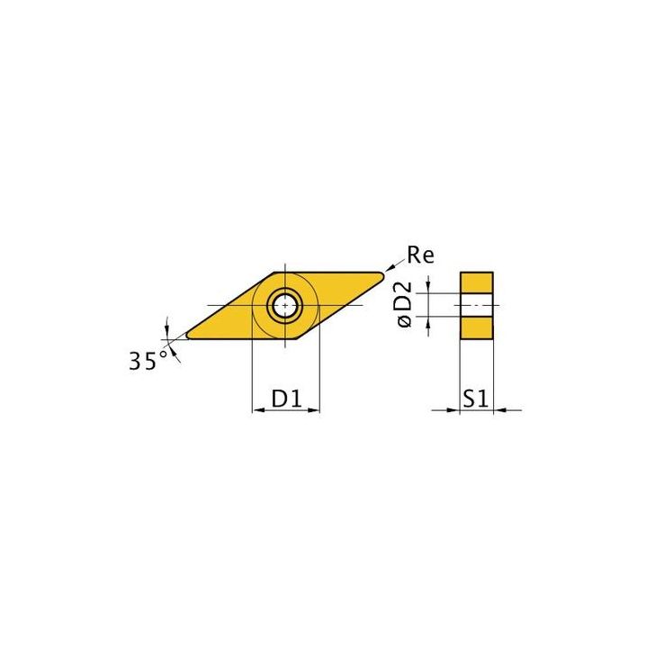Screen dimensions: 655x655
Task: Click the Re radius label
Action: pyautogui.click(x=420, y=256)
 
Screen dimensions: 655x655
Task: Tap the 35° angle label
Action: pyautogui.click(x=147, y=361)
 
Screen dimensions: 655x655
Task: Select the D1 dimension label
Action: pyautogui.click(x=286, y=398)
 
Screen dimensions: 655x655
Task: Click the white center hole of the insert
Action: pyautogui.click(x=285, y=306)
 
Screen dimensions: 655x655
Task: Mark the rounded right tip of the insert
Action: pyautogui.click(x=381, y=274)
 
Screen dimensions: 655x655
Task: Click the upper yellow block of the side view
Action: pyautogui.click(x=477, y=283)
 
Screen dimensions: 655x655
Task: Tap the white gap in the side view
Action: pyautogui.click(x=477, y=306)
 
